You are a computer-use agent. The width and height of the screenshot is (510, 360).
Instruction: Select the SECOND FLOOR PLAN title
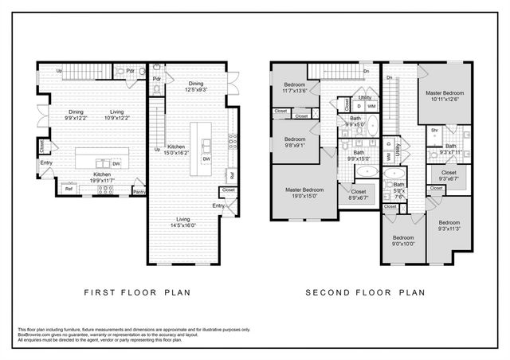367,292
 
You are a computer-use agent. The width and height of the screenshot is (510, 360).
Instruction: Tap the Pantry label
139,191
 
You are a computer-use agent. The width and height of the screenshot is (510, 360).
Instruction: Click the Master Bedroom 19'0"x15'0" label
304,193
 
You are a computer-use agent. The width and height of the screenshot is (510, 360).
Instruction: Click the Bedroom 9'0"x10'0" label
402,241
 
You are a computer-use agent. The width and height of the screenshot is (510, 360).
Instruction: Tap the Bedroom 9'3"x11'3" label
449,225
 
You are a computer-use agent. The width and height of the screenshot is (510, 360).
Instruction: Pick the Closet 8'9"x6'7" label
358,194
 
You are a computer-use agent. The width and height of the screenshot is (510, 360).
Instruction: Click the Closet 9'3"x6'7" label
449,175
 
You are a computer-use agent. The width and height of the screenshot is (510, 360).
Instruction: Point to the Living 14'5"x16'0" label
188,222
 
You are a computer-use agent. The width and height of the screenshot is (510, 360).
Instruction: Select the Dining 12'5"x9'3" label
196,87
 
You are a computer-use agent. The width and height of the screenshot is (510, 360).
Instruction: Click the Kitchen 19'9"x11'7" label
102,177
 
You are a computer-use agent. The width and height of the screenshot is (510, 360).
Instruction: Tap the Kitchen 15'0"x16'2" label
177,149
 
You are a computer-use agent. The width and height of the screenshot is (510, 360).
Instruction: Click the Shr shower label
435,131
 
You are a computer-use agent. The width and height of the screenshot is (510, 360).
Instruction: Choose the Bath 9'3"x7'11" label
451,149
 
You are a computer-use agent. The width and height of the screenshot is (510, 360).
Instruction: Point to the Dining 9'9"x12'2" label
76,115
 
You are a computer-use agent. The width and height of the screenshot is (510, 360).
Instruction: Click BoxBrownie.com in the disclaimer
33,335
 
